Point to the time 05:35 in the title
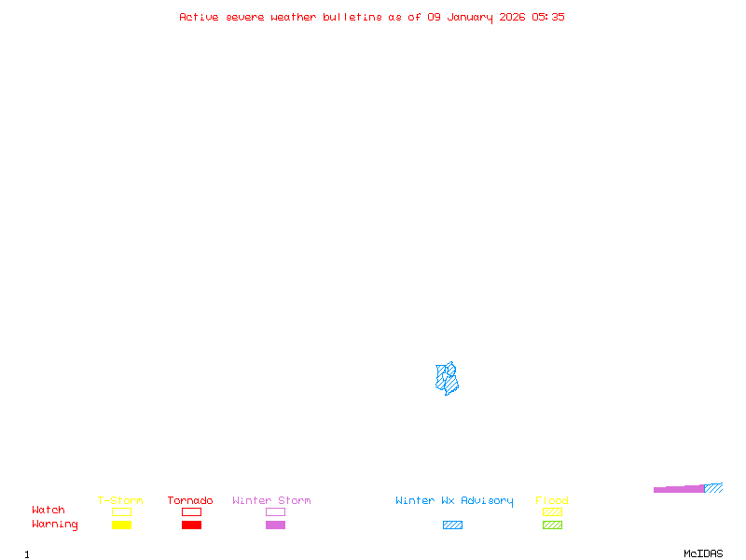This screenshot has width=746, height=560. [548, 17]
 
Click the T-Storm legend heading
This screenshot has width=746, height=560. [120, 501]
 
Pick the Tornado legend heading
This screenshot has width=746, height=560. [190, 501]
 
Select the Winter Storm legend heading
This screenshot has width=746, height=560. [271, 501]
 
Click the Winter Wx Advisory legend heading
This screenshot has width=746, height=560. [454, 501]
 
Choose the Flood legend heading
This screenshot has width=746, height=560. [552, 501]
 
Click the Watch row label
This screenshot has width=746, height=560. [48, 511]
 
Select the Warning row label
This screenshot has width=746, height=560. [55, 525]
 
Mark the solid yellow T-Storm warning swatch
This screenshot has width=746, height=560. [121, 525]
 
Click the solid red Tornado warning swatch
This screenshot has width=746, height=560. [191, 525]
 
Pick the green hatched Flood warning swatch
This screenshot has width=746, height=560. [552, 525]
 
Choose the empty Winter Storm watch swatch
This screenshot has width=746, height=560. [275, 511]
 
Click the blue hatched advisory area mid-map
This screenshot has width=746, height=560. [448, 378]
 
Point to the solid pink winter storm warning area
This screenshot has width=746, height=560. [679, 489]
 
